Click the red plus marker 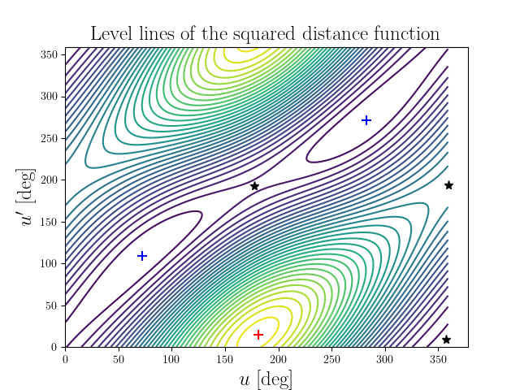[x=258, y=335]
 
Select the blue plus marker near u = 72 [x=142, y=256]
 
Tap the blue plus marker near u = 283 [x=366, y=120]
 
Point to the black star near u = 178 [x=254, y=186]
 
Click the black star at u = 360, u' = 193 [x=448, y=185]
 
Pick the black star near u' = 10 [x=446, y=340]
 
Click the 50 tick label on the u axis [x=119, y=358]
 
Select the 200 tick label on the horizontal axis [x=279, y=358]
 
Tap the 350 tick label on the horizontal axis [x=439, y=358]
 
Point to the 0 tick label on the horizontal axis [x=65, y=358]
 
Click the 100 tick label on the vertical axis [x=50, y=263]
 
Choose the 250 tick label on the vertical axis [x=50, y=138]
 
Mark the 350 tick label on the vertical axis [x=50, y=54]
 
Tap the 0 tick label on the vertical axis [x=56, y=347]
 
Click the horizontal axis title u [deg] [x=266, y=379]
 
